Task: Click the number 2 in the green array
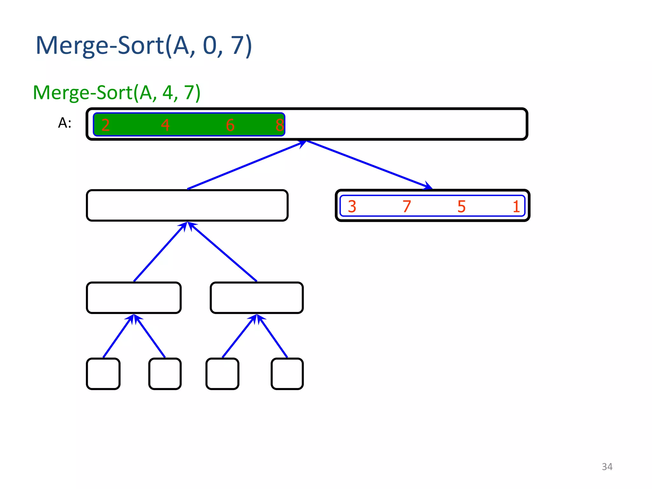pyautogui.click(x=105, y=125)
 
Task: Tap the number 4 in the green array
pyautogui.click(x=165, y=125)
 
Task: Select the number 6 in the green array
pyautogui.click(x=230, y=125)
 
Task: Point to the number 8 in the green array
pyautogui.click(x=279, y=125)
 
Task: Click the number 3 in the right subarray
pyautogui.click(x=352, y=206)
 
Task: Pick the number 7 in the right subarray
pyautogui.click(x=407, y=206)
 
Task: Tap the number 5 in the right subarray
pyautogui.click(x=462, y=206)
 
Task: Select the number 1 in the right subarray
pyautogui.click(x=516, y=206)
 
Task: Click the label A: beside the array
pyautogui.click(x=65, y=123)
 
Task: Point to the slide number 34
pyautogui.click(x=607, y=467)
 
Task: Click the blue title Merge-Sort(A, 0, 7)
pyautogui.click(x=144, y=46)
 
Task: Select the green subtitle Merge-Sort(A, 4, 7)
pyautogui.click(x=117, y=93)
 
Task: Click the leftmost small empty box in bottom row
pyautogui.click(x=103, y=374)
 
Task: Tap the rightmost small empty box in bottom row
pyautogui.click(x=287, y=374)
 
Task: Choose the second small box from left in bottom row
pyautogui.click(x=165, y=374)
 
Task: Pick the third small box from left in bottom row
pyautogui.click(x=222, y=374)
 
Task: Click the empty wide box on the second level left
pyautogui.click(x=187, y=205)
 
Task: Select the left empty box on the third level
pyautogui.click(x=134, y=298)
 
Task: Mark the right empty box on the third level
pyautogui.click(x=257, y=298)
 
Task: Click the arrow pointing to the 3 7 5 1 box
pyautogui.click(x=369, y=164)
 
